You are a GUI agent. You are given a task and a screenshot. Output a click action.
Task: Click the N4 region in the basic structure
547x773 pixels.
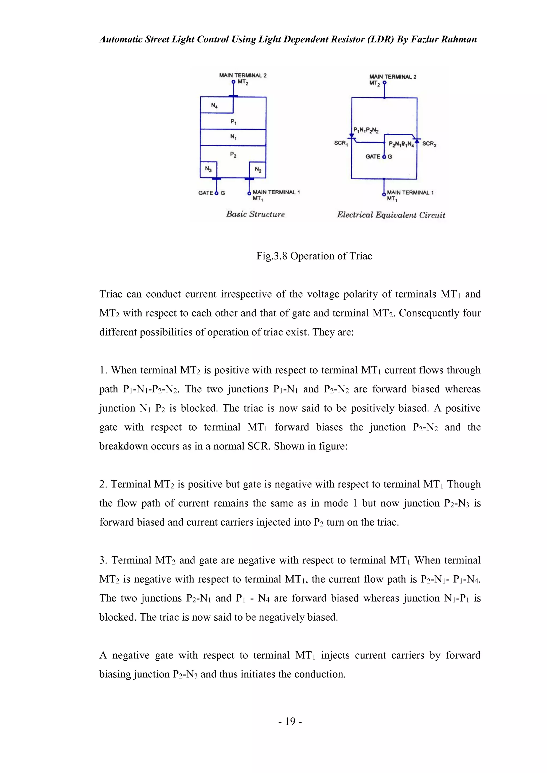pyautogui.click(x=214, y=105)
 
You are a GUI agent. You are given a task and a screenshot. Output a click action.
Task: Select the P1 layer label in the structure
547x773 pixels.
pyautogui.click(x=233, y=121)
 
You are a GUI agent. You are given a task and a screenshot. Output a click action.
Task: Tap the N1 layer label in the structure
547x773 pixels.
pyautogui.click(x=233, y=137)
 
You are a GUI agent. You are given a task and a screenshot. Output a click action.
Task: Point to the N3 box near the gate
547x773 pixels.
pyautogui.click(x=209, y=169)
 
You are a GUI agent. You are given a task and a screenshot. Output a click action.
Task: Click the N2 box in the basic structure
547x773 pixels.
pyautogui.click(x=258, y=169)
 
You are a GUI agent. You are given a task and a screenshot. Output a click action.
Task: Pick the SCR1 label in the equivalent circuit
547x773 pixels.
pyautogui.click(x=341, y=143)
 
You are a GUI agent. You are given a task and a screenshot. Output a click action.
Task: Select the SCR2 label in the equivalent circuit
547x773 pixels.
pyautogui.click(x=429, y=144)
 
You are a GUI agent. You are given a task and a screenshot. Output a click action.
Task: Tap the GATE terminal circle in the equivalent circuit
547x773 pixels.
pyautogui.click(x=384, y=157)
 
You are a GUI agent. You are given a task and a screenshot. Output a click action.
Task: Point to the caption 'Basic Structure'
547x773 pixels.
pyautogui.click(x=255, y=214)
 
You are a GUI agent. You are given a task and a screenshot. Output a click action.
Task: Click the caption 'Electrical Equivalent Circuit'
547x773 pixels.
pyautogui.click(x=391, y=215)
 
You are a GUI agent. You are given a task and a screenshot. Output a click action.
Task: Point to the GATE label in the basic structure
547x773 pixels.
pyautogui.click(x=205, y=193)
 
